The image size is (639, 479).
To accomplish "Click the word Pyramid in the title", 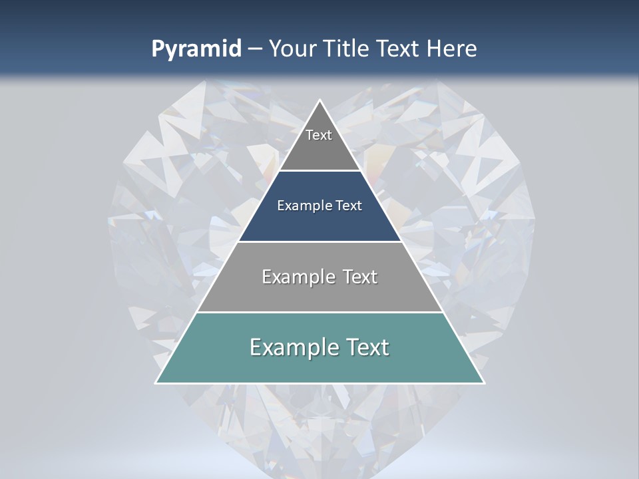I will pyautogui.click(x=196, y=49).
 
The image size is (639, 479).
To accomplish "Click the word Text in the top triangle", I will pyautogui.click(x=319, y=135).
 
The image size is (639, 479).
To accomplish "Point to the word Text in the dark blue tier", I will pyautogui.click(x=349, y=206).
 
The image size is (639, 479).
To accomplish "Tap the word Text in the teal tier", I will pyautogui.click(x=367, y=347).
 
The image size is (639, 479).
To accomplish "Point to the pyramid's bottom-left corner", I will pyautogui.click(x=156, y=383).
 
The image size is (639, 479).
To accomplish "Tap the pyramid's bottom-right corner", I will pyautogui.click(x=484, y=383).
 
